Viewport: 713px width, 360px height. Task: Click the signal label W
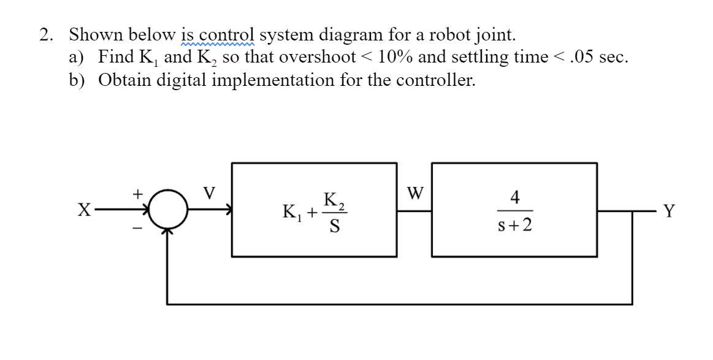click(x=415, y=194)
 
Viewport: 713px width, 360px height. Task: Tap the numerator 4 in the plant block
click(x=515, y=197)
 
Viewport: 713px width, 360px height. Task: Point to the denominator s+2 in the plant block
click(x=515, y=226)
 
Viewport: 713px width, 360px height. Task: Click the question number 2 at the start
click(x=45, y=34)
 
